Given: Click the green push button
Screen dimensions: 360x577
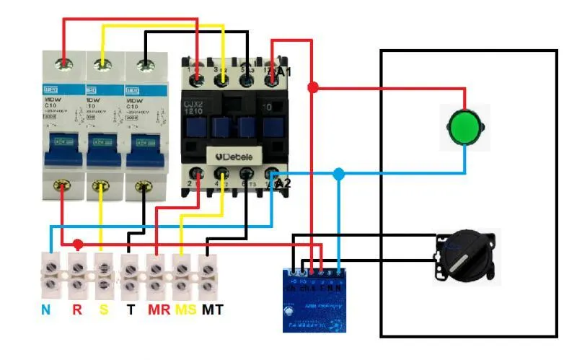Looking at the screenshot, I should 464,127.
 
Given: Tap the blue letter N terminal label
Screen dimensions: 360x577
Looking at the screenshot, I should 45,310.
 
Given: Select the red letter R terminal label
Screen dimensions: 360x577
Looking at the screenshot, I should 76,310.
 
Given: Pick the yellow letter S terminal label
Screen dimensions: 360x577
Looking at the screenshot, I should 103,310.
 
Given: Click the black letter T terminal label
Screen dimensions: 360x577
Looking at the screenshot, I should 131,310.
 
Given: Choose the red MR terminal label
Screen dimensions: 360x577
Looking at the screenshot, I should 158,310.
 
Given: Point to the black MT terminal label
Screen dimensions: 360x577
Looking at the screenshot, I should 212,310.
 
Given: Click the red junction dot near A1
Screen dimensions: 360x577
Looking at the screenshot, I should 313,87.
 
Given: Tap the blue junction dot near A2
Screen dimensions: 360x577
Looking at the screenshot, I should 339,174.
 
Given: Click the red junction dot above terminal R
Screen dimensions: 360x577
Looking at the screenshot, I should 78,245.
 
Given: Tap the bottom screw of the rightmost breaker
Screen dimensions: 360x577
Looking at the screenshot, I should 146,188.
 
